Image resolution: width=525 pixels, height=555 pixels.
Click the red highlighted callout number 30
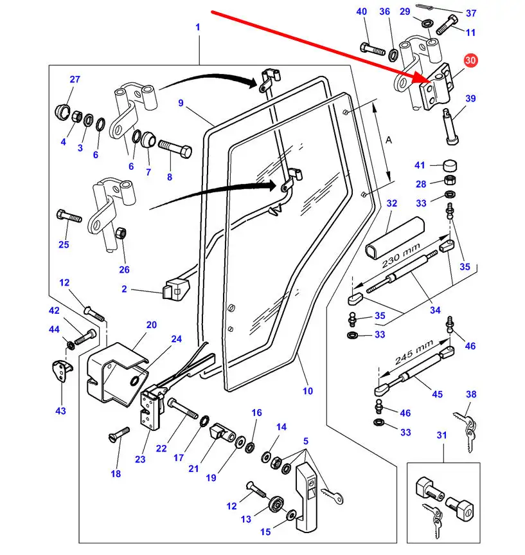[x=471, y=60]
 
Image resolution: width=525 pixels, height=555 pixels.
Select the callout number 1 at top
[x=198, y=27]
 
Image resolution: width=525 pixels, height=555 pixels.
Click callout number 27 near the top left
[x=75, y=80]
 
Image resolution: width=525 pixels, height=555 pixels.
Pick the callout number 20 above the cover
[x=151, y=325]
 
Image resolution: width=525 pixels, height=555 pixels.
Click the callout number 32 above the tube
[x=392, y=203]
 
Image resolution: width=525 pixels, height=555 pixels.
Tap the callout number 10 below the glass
[x=308, y=391]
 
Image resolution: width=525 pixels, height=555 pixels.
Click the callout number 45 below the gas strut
[x=437, y=394]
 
